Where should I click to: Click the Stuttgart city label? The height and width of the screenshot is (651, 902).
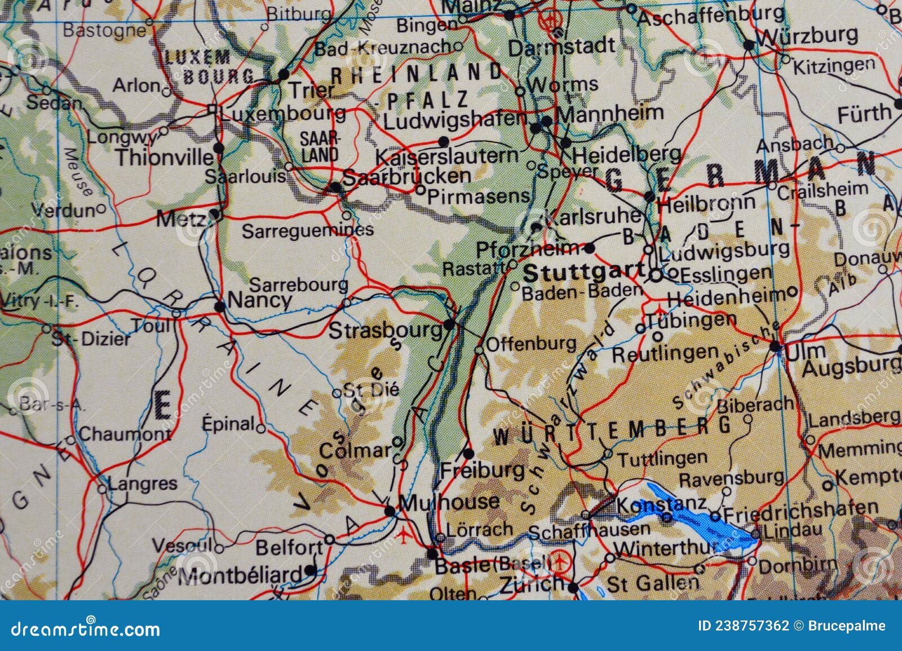pos(583,274)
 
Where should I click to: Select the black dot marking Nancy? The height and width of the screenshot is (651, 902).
pos(220,306)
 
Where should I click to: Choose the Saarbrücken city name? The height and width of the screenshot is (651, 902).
pos(406,177)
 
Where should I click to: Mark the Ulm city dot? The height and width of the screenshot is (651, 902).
pos(776,346)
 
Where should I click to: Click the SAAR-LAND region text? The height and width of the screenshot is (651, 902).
pos(319,147)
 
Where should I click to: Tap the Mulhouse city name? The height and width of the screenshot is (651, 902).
pos(448,501)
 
